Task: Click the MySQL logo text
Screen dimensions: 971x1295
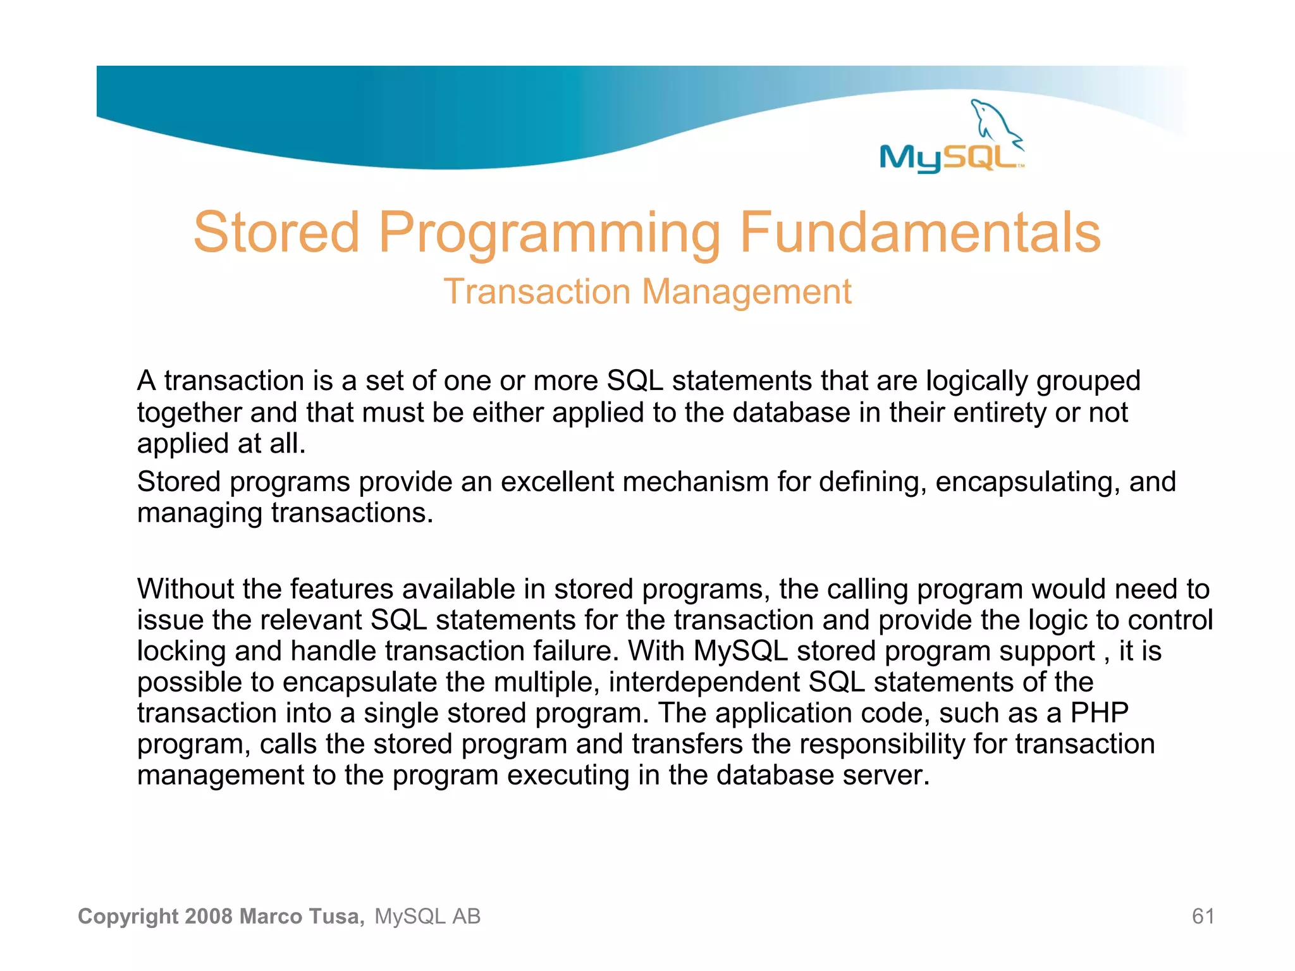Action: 948,157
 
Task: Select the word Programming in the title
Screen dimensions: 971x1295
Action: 549,234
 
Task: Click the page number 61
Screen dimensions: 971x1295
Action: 1203,916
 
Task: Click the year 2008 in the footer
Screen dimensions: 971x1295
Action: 209,916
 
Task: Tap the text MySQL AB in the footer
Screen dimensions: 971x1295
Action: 427,916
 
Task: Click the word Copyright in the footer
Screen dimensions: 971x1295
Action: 128,916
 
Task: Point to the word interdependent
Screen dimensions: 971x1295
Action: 704,682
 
